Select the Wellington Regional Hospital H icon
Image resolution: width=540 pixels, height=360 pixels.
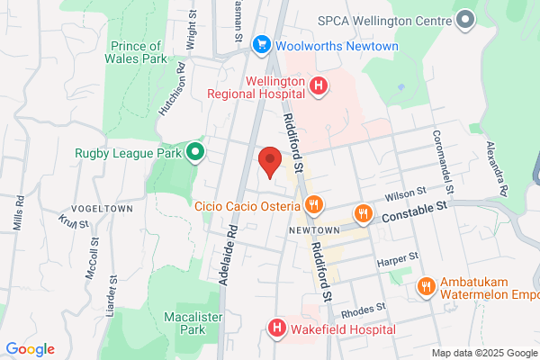click(317, 85)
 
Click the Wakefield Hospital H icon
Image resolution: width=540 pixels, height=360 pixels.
click(277, 329)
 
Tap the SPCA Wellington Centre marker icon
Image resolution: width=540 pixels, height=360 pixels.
click(465, 18)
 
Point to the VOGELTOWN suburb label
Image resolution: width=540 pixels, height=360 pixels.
click(100, 208)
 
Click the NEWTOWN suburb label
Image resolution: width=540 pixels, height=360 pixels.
click(313, 229)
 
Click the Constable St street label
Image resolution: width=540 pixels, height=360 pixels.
click(413, 212)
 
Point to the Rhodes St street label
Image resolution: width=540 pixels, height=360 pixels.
click(364, 310)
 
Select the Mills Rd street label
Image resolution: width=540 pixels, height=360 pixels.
click(16, 213)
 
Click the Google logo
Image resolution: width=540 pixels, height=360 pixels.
click(30, 349)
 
